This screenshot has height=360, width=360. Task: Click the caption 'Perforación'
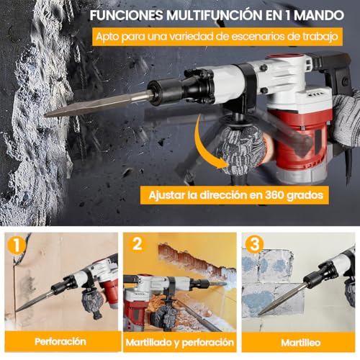tap(59, 341)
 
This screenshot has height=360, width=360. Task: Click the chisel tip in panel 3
tap(261, 311)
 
